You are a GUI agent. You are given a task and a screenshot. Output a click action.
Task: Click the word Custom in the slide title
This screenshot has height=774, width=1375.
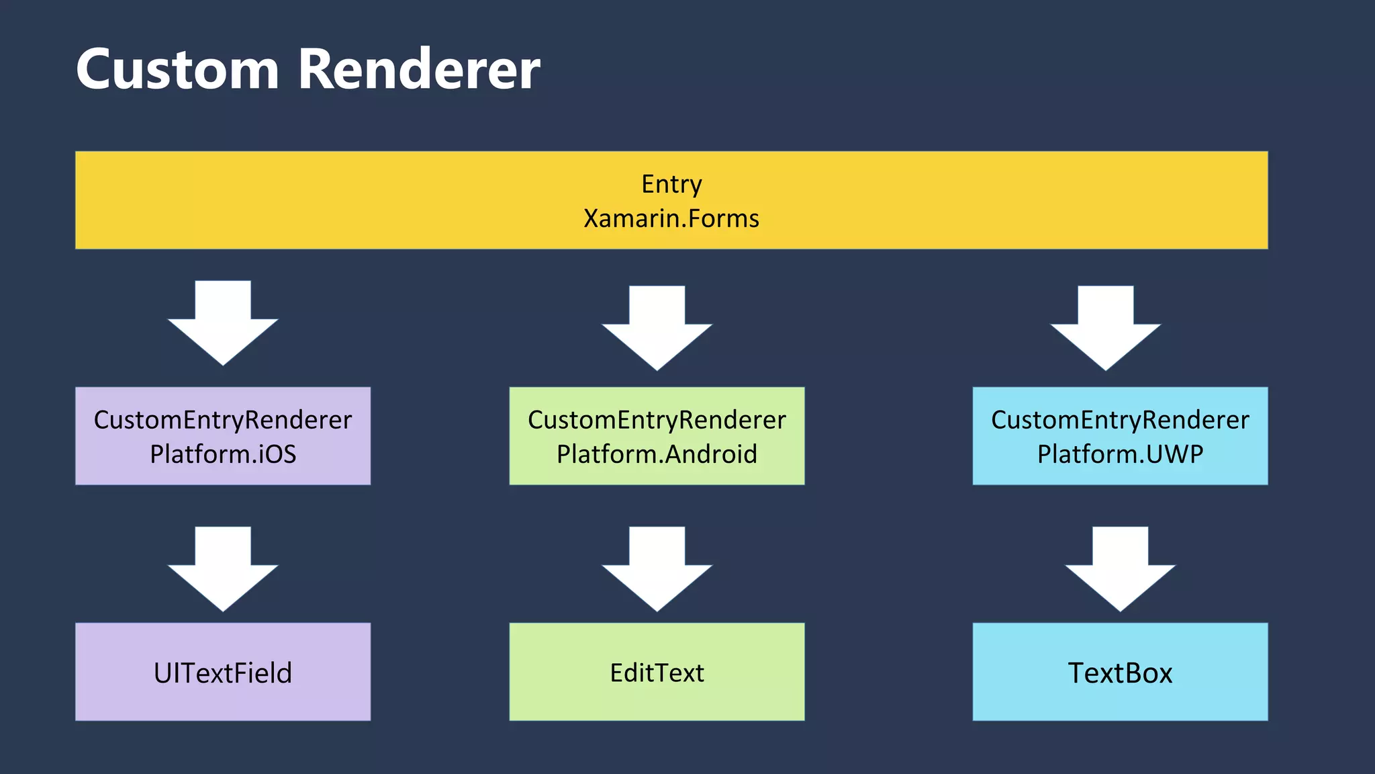pos(177,70)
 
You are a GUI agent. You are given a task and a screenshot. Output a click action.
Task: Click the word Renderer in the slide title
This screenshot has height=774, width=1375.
pos(419,70)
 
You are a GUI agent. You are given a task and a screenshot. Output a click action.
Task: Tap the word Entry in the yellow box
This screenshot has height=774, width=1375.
pos(671,184)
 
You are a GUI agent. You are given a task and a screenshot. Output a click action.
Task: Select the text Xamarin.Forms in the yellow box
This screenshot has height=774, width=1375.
pos(671,219)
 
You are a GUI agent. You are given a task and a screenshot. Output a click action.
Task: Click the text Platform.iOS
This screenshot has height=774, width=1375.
pos(223,454)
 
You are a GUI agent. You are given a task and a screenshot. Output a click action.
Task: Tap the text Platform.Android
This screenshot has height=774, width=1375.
pos(657,454)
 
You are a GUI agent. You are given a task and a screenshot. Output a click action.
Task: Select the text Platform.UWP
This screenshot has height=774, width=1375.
pos(1120,454)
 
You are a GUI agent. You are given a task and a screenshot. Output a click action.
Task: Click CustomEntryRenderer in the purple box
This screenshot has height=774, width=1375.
pos(223,420)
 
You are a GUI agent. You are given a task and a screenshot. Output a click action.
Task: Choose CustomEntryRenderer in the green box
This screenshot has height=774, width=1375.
pos(657,420)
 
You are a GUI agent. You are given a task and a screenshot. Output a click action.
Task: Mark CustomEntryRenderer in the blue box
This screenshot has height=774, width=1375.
pos(1120,420)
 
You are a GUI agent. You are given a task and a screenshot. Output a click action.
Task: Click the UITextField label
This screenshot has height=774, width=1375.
pos(223,673)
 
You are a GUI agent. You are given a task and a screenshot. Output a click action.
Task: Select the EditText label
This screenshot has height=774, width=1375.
pos(657,673)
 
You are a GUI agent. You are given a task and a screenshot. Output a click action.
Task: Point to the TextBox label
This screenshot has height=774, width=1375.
pos(1120,673)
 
